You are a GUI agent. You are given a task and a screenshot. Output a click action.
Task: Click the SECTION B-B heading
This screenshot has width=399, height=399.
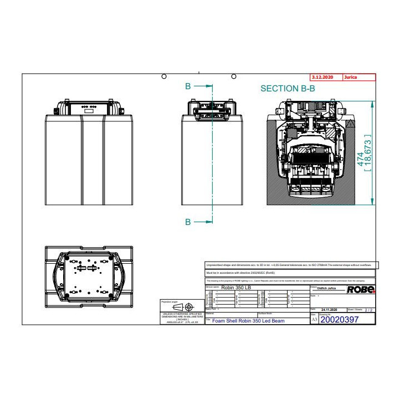pos(288,89)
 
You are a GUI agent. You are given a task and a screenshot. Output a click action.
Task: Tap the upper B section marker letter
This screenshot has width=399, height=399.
pos(188,86)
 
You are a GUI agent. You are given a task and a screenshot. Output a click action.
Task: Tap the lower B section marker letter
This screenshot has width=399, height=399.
pos(188,222)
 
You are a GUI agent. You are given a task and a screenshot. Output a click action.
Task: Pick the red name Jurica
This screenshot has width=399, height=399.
pos(351,78)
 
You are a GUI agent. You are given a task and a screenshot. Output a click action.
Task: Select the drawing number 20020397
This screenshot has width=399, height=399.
pos(340,319)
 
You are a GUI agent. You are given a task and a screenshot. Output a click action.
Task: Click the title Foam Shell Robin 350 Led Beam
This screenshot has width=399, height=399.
pos(249,321)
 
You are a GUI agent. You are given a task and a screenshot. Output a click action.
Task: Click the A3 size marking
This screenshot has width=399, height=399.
pos(315,320)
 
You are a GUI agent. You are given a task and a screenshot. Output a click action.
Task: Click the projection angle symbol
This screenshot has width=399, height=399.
pos(183,306)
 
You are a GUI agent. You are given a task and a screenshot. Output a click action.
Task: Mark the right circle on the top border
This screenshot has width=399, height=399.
pos(234,76)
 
